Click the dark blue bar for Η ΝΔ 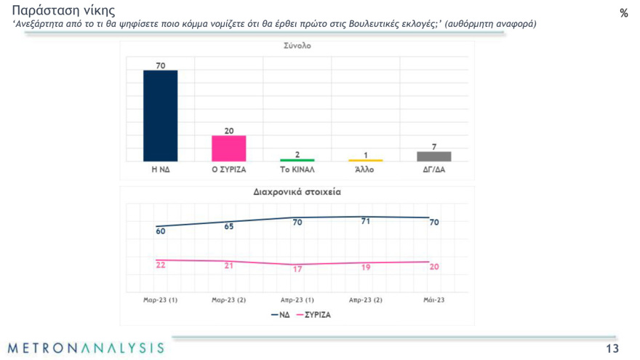(160, 116)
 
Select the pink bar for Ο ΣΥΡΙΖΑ (228, 148)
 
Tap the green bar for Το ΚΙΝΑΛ (297, 159)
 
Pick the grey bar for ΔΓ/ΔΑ (433, 156)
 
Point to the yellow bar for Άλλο (365, 160)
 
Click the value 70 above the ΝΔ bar (160, 65)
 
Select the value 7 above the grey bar (433, 146)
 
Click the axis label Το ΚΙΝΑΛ (297, 169)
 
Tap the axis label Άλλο (365, 169)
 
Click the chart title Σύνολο (297, 46)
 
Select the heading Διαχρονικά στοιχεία (297, 193)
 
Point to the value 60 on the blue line (161, 231)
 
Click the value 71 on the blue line (366, 221)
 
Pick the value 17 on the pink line (297, 269)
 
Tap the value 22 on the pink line (161, 265)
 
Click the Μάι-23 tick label (433, 299)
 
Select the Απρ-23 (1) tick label (297, 299)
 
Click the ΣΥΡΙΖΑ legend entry (313, 315)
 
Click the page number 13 (612, 348)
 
